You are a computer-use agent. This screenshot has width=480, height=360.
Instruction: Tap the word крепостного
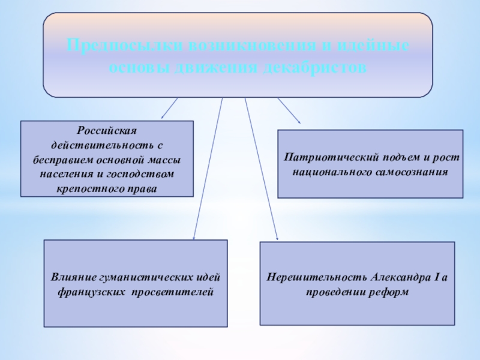(x=85, y=189)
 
